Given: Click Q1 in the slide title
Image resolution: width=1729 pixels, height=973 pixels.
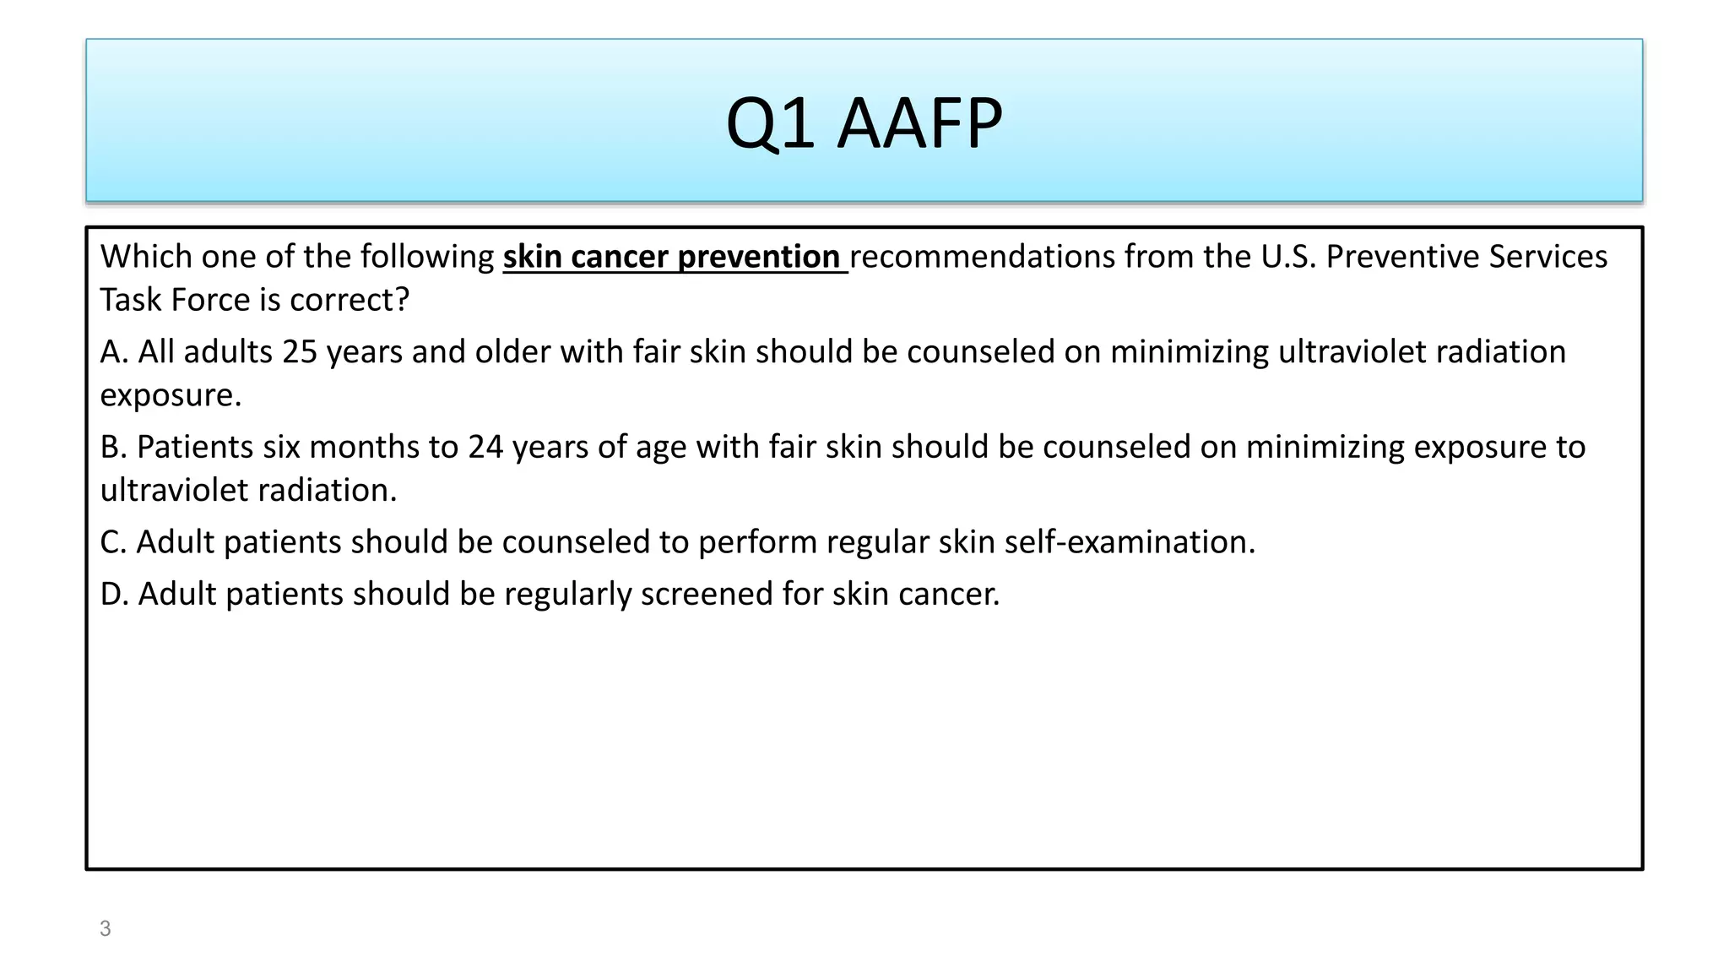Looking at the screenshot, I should click(x=769, y=123).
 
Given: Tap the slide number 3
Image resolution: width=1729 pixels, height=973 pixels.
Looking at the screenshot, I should click(x=105, y=928).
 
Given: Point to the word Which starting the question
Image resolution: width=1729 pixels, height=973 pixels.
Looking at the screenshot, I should click(x=146, y=257).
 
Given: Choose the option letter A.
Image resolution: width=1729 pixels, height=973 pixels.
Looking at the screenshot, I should click(x=113, y=352).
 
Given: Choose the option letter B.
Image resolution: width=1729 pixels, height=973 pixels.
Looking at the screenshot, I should click(x=113, y=447).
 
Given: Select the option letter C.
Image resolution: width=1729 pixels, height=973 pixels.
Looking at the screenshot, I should click(x=113, y=542).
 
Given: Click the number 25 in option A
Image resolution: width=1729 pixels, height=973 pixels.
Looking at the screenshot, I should click(x=300, y=352).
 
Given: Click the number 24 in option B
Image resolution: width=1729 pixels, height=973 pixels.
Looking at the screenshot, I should click(x=485, y=447).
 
